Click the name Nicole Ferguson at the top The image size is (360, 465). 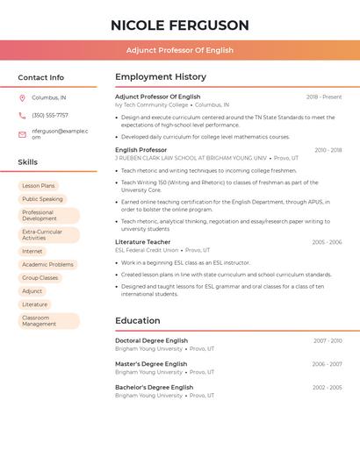coord(180,25)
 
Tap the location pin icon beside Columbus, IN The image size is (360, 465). coord(22,97)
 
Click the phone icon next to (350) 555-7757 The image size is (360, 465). coord(22,115)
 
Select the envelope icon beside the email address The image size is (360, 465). coord(22,134)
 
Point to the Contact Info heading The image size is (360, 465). coord(41,77)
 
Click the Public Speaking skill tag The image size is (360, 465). coord(42,199)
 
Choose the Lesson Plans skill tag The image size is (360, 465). coord(39,186)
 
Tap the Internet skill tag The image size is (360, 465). coord(32,251)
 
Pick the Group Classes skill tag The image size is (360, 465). coord(40,277)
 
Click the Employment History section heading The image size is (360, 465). coord(161,77)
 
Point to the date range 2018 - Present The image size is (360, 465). coord(324,97)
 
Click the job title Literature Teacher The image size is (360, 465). coord(143,241)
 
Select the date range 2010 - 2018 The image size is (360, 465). coord(328,150)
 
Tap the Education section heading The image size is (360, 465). coord(138,320)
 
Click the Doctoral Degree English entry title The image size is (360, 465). coord(152,340)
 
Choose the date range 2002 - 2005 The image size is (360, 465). coord(328,387)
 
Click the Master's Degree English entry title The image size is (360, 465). coord(151,363)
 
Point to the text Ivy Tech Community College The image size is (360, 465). coord(152,104)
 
